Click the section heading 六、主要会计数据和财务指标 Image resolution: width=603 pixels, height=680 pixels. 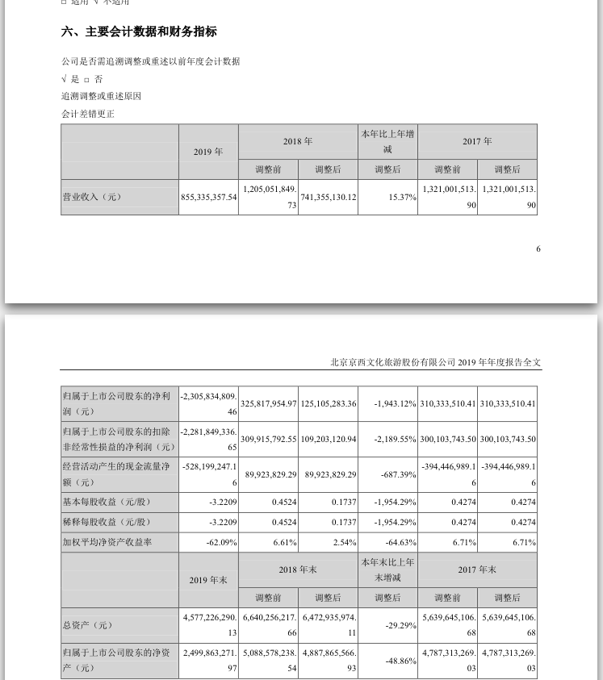(139, 32)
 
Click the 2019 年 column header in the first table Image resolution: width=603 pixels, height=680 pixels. (208, 152)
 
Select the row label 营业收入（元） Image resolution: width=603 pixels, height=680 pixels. (91, 197)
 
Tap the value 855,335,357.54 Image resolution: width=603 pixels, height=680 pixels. (208, 197)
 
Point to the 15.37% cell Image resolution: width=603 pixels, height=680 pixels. (400, 197)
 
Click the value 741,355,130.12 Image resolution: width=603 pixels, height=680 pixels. (328, 197)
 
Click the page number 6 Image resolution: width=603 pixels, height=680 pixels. (538, 248)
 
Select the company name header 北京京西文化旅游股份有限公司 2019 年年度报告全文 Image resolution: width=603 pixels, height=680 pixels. (436, 363)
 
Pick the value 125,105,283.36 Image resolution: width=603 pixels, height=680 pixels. (328, 403)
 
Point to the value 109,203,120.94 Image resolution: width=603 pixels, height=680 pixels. (328, 439)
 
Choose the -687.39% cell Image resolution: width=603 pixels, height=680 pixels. (398, 474)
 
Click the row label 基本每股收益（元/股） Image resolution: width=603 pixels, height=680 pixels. (107, 502)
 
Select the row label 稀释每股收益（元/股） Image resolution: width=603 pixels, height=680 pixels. (107, 523)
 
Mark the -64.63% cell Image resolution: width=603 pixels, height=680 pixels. (400, 543)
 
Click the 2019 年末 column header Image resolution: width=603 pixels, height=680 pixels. (208, 580)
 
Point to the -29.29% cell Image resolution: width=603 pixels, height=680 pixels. (400, 624)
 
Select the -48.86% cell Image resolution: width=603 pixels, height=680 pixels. (400, 660)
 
